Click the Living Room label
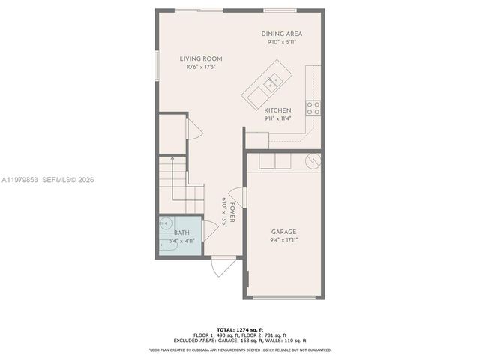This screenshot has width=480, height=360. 200,58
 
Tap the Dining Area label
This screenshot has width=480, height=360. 282,34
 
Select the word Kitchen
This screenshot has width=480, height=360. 277,110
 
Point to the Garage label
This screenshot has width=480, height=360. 283,232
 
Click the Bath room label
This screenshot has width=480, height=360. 182,232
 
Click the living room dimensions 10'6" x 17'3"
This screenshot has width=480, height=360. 200,67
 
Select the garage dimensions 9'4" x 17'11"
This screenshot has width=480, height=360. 283,241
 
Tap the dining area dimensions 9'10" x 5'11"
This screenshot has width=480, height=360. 282,43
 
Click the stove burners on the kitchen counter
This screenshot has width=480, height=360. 313,108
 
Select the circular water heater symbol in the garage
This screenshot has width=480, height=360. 312,160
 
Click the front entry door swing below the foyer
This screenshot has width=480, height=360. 222,265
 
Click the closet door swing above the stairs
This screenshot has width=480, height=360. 192,128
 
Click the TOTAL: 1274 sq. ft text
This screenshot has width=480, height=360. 239,329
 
